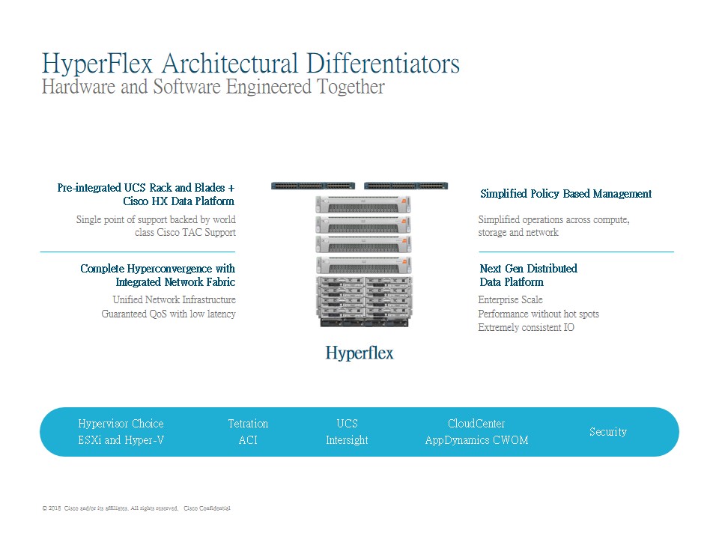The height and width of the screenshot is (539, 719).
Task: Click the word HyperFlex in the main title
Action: (97, 64)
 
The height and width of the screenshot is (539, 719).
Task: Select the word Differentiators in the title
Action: (383, 63)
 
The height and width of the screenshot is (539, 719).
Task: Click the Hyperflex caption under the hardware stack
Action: (359, 353)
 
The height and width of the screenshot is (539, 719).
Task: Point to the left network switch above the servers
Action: (313, 186)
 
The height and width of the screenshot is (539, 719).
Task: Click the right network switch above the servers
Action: (406, 186)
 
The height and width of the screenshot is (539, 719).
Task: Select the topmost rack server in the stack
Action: (363, 204)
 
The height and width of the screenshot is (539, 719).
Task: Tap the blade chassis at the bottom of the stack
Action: (364, 302)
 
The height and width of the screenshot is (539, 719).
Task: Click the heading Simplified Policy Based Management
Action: (566, 195)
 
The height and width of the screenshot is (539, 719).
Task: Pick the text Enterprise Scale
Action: (510, 299)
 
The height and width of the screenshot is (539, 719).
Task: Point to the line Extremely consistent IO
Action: (526, 327)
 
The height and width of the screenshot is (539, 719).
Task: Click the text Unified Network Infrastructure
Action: (175, 299)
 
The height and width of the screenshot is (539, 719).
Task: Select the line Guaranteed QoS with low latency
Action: (169, 314)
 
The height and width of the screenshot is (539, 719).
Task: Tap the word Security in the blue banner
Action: (608, 432)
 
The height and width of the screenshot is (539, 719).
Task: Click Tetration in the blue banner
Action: (248, 424)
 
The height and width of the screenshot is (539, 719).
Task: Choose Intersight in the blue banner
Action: (347, 440)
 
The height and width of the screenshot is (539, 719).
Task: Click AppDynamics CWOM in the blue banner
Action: (477, 440)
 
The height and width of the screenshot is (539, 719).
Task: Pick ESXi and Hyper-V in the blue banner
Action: (121, 440)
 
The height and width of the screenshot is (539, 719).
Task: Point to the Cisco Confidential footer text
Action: (207, 508)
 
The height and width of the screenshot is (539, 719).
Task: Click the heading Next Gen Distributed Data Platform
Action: (528, 275)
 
